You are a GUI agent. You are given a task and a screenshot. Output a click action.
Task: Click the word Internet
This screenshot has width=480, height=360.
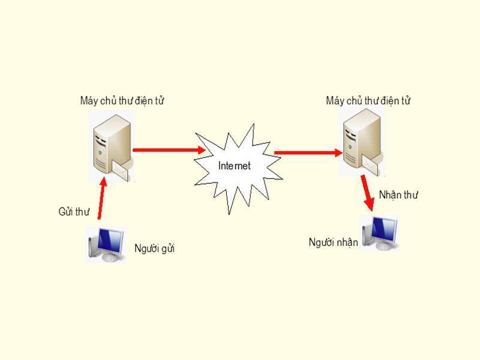pyautogui.click(x=234, y=166)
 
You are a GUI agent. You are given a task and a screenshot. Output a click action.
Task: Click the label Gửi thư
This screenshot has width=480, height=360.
pyautogui.click(x=74, y=212)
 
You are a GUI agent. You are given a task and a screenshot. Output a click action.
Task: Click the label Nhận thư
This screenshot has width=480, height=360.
pyautogui.click(x=398, y=194)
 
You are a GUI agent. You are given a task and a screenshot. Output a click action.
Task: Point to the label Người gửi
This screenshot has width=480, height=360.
pyautogui.click(x=154, y=248)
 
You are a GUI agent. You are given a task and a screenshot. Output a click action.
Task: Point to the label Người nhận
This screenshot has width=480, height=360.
pyautogui.click(x=333, y=242)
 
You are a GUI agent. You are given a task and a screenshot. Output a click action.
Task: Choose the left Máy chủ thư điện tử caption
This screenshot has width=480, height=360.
pyautogui.click(x=122, y=100)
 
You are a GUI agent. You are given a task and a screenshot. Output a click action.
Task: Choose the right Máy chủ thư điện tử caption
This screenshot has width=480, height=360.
pyautogui.click(x=368, y=100)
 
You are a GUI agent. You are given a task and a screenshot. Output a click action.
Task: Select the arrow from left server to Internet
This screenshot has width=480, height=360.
pyautogui.click(x=169, y=150)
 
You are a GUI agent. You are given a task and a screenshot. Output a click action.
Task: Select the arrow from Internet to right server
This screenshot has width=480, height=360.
pyautogui.click(x=308, y=152)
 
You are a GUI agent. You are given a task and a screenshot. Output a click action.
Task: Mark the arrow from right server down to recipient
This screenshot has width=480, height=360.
pyautogui.click(x=367, y=193)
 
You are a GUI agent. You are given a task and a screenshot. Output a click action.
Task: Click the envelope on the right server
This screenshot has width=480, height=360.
pyautogui.click(x=370, y=164)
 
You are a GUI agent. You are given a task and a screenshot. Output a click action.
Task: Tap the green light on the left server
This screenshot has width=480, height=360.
pyautogui.click(x=100, y=152)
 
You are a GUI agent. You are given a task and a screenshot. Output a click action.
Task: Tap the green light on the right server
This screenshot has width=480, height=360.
pyautogui.click(x=350, y=146)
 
